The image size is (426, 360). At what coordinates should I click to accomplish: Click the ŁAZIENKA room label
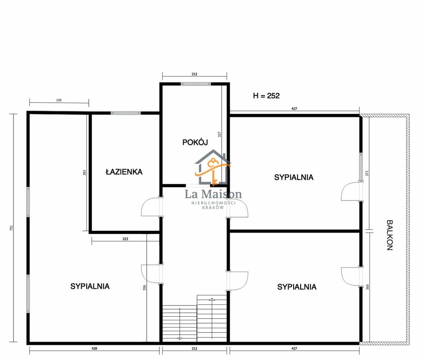124,172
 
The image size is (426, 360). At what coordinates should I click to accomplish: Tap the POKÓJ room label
195,142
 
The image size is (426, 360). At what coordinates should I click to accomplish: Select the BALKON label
390,235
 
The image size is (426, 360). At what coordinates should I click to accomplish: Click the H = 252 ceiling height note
266,96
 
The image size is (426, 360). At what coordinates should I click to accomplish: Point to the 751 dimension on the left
11,228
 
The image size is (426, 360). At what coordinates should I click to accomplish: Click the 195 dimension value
59,100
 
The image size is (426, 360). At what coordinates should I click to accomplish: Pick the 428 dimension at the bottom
94,348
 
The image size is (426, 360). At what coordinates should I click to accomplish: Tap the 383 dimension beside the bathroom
84,173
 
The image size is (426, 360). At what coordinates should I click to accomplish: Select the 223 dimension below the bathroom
125,239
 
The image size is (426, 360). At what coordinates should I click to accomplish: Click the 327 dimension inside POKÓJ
220,134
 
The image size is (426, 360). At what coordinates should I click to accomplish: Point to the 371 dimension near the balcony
367,173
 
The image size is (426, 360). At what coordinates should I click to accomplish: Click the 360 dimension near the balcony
368,287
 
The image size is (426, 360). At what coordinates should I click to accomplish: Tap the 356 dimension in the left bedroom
145,288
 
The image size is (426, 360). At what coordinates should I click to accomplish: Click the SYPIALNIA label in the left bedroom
90,286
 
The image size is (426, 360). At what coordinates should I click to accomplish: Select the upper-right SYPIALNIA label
294,177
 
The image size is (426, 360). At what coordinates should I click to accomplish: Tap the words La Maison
213,194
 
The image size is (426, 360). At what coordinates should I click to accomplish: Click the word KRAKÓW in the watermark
213,207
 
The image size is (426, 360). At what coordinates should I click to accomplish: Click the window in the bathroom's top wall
126,113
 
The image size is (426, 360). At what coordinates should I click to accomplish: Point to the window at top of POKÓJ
196,84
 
